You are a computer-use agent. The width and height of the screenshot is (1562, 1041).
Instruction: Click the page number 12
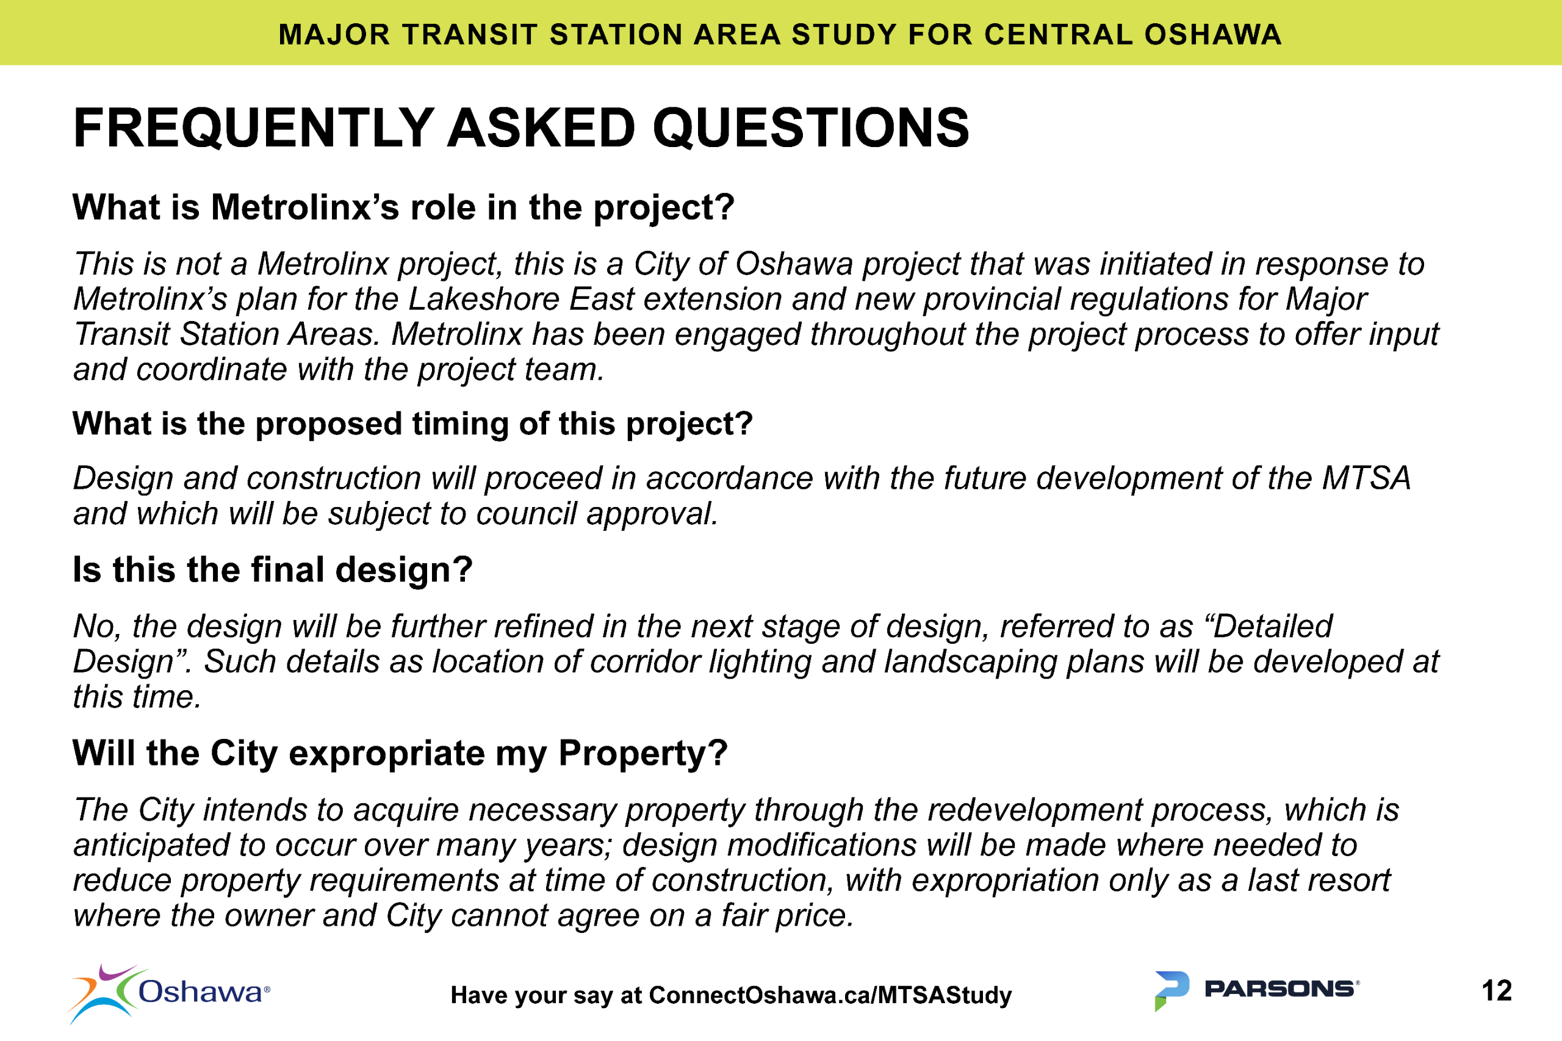(x=1496, y=990)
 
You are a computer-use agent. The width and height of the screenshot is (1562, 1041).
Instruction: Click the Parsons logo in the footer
(x=1257, y=989)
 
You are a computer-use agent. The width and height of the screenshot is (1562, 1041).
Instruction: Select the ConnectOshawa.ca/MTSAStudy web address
(x=830, y=995)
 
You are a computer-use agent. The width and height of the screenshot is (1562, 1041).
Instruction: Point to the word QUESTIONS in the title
(x=810, y=128)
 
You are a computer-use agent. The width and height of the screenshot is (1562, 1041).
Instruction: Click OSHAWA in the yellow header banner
(x=1212, y=35)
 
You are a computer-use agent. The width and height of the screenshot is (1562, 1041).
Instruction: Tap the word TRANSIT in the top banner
(x=469, y=35)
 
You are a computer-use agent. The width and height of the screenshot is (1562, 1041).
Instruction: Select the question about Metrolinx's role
(x=403, y=208)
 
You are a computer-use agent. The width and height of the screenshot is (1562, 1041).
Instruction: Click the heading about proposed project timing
(x=412, y=423)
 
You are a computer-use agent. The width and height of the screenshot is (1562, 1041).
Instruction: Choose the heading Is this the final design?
(x=272, y=570)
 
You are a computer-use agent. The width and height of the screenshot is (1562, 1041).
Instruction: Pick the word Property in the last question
(x=642, y=754)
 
